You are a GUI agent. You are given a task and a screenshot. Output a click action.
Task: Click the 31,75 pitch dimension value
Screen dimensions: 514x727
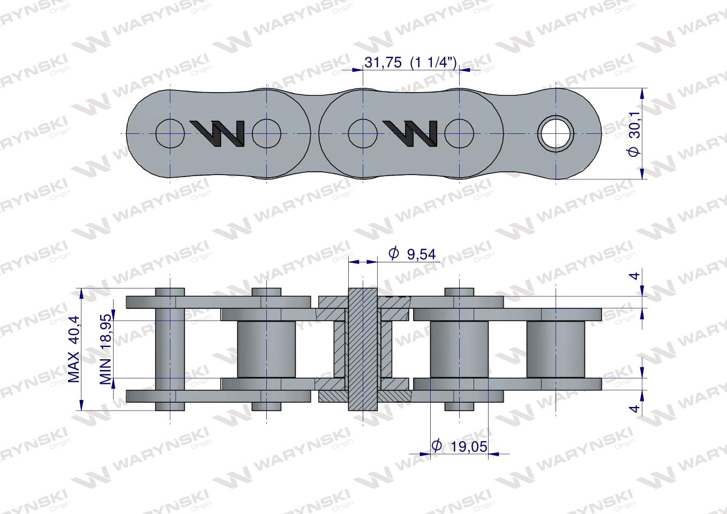point(383,62)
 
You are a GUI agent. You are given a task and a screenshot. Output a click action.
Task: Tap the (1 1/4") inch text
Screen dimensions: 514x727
point(433,62)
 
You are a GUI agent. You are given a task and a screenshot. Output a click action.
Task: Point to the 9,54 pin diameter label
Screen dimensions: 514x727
point(421,254)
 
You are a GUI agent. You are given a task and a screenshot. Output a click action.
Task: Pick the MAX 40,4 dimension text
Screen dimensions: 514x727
point(74,349)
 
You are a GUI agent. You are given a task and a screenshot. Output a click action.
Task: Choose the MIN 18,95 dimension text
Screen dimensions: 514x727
point(106,349)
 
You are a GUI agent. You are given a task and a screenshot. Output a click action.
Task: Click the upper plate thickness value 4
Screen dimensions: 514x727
point(634,276)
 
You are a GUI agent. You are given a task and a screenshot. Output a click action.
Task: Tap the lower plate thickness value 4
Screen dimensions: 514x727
point(634,409)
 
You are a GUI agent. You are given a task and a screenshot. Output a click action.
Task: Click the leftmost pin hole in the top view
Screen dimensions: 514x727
point(170,133)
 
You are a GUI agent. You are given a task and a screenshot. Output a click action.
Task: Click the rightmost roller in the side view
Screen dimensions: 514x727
point(556,349)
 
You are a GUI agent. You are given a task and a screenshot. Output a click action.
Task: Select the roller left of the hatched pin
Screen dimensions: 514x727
point(266,349)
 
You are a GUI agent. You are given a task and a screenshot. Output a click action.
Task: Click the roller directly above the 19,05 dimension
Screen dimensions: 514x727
point(459,349)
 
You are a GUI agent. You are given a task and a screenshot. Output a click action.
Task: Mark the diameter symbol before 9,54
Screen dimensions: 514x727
point(394,253)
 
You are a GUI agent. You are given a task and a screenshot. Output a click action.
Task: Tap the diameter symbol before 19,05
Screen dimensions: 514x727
point(437,445)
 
